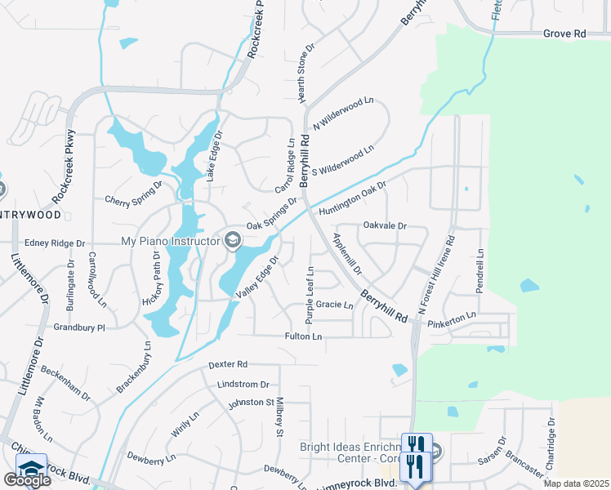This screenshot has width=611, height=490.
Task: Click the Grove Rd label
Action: pos(564,34)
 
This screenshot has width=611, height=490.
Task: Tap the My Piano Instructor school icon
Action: pos(233,239)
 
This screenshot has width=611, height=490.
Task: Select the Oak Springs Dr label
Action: pos(272,216)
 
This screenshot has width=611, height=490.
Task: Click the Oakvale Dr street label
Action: pos(384,225)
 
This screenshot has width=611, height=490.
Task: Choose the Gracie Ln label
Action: pos(335,305)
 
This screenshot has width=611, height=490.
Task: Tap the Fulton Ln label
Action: pos(303,336)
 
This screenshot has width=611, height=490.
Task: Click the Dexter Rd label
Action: pos(227,364)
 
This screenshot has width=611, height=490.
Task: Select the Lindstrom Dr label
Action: pos(243,384)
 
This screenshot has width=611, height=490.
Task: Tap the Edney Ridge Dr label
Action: pos(55,243)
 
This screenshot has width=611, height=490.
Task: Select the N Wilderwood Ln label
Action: pos(343,114)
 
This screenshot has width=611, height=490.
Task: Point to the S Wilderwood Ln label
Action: pos(342,158)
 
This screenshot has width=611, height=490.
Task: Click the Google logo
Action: pos(27,480)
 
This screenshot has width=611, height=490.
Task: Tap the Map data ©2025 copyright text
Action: pos(575,483)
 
